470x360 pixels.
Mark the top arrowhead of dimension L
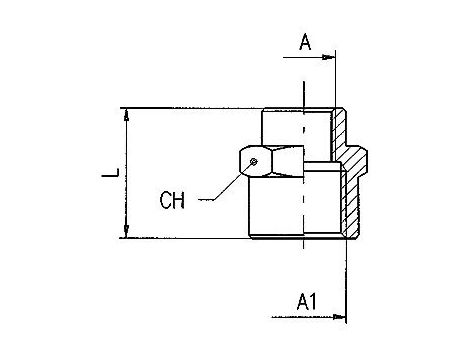point(127,113)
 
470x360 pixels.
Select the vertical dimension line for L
point(127,172)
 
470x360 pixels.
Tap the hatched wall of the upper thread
point(340,126)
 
